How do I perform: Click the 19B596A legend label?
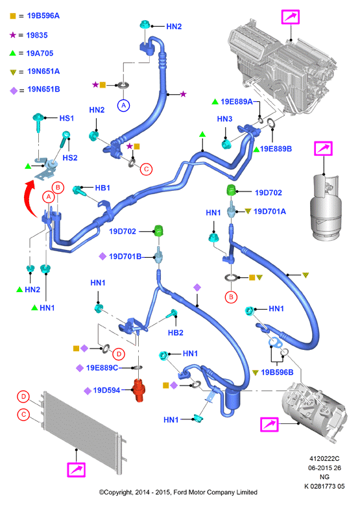43,16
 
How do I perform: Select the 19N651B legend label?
43,89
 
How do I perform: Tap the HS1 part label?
67,118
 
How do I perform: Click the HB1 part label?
102,188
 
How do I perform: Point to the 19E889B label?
276,149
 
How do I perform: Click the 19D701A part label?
270,211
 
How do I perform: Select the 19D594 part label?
106,390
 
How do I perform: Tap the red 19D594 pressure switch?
139,391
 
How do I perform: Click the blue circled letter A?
123,105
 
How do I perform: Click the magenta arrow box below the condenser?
77,470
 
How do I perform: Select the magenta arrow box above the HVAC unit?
291,17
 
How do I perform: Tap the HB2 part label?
176,333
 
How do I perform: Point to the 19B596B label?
277,373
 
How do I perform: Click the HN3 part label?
224,119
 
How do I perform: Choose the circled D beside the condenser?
23,397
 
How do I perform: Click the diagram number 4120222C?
324,459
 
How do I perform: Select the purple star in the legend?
12,35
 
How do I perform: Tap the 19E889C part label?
102,368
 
